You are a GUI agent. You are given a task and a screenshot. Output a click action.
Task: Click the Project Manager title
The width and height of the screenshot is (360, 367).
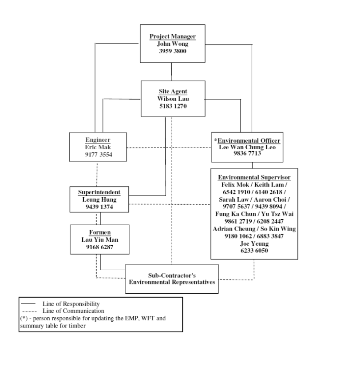[x=173, y=36]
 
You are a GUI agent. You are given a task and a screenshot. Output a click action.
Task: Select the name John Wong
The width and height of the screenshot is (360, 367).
[x=173, y=44]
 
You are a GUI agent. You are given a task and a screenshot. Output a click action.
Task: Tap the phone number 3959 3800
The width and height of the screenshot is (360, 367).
[x=173, y=51]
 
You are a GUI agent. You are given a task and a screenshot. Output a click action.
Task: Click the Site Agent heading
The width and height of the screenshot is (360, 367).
[x=173, y=92]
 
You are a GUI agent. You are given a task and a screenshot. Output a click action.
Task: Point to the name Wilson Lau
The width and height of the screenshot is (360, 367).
[x=173, y=99]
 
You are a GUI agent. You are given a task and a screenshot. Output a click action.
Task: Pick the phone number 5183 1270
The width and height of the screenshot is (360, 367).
[x=173, y=106]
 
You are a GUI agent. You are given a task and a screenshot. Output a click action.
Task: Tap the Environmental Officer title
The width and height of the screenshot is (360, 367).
[x=246, y=140]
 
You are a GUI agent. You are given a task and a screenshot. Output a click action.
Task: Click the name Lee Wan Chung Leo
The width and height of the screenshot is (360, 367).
[x=246, y=147]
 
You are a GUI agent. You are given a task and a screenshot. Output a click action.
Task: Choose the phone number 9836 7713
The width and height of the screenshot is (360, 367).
[x=246, y=154]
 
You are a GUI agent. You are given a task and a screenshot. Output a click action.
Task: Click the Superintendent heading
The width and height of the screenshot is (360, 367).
[x=99, y=192]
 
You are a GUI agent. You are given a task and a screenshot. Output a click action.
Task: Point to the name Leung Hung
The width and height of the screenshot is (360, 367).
[x=99, y=199]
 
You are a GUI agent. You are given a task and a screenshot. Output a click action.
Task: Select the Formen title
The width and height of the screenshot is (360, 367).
[x=99, y=232]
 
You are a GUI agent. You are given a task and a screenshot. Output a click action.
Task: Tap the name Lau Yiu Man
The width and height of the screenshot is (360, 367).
[x=99, y=239]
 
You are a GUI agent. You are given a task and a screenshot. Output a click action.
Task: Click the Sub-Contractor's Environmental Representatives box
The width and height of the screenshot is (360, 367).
[x=172, y=279]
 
